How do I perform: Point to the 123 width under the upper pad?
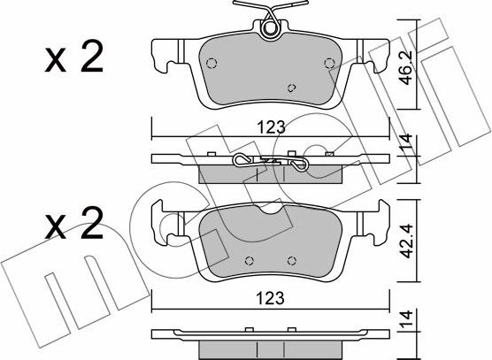pyautogui.click(x=271, y=127)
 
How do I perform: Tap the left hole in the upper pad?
pyautogui.click(x=212, y=63)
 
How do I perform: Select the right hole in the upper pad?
pyautogui.click(x=328, y=62)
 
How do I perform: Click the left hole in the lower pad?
pyautogui.click(x=249, y=261)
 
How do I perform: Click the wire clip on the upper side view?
pyautogui.click(x=270, y=162)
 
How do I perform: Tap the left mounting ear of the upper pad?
pyautogui.click(x=163, y=57)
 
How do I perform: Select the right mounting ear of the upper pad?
pyautogui.click(x=378, y=57)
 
